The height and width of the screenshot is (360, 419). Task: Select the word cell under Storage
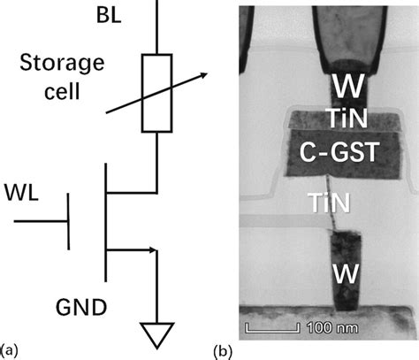point(61,93)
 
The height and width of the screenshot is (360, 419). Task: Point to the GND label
point(80,309)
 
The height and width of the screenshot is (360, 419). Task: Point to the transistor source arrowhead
point(151,250)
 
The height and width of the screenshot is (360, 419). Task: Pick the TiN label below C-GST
point(340,203)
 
